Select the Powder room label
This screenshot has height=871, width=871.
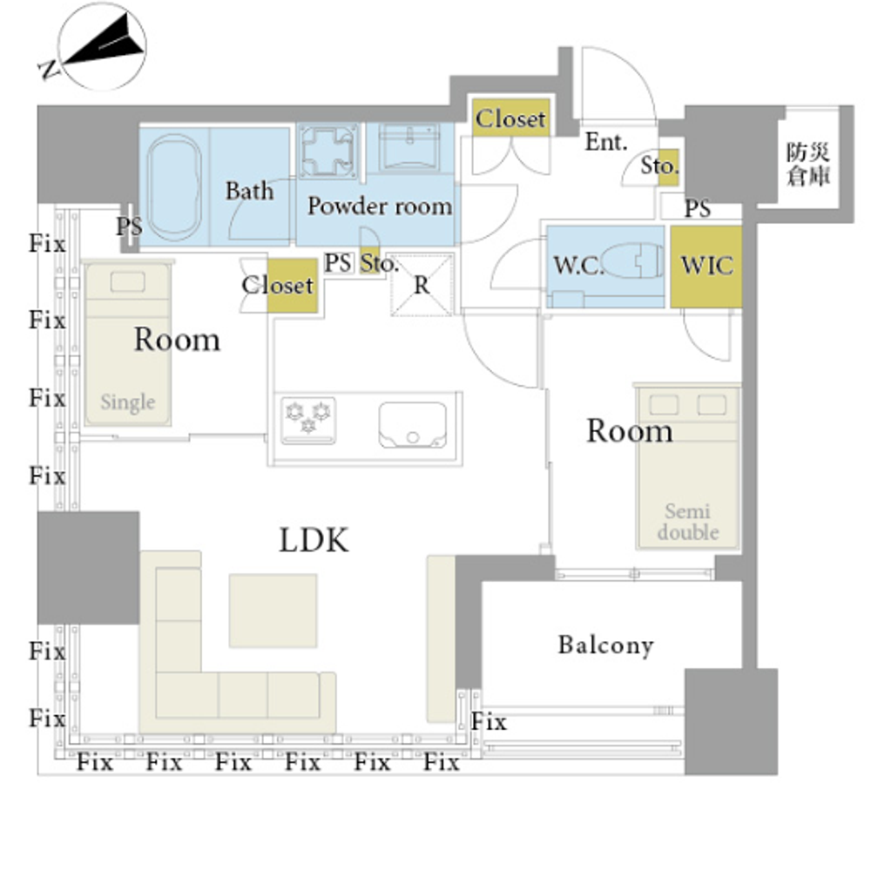point(380,206)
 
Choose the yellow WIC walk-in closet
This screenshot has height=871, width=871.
point(706,267)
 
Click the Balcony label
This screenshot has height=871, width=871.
point(605,645)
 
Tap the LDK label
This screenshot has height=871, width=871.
point(314,541)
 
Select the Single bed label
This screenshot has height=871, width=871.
point(127,402)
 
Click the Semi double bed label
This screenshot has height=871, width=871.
point(688,521)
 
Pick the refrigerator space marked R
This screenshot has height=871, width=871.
point(422,284)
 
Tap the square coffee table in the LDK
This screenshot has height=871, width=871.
point(273,611)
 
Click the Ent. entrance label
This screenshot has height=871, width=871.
point(605,142)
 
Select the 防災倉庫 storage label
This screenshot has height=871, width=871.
point(807,164)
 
